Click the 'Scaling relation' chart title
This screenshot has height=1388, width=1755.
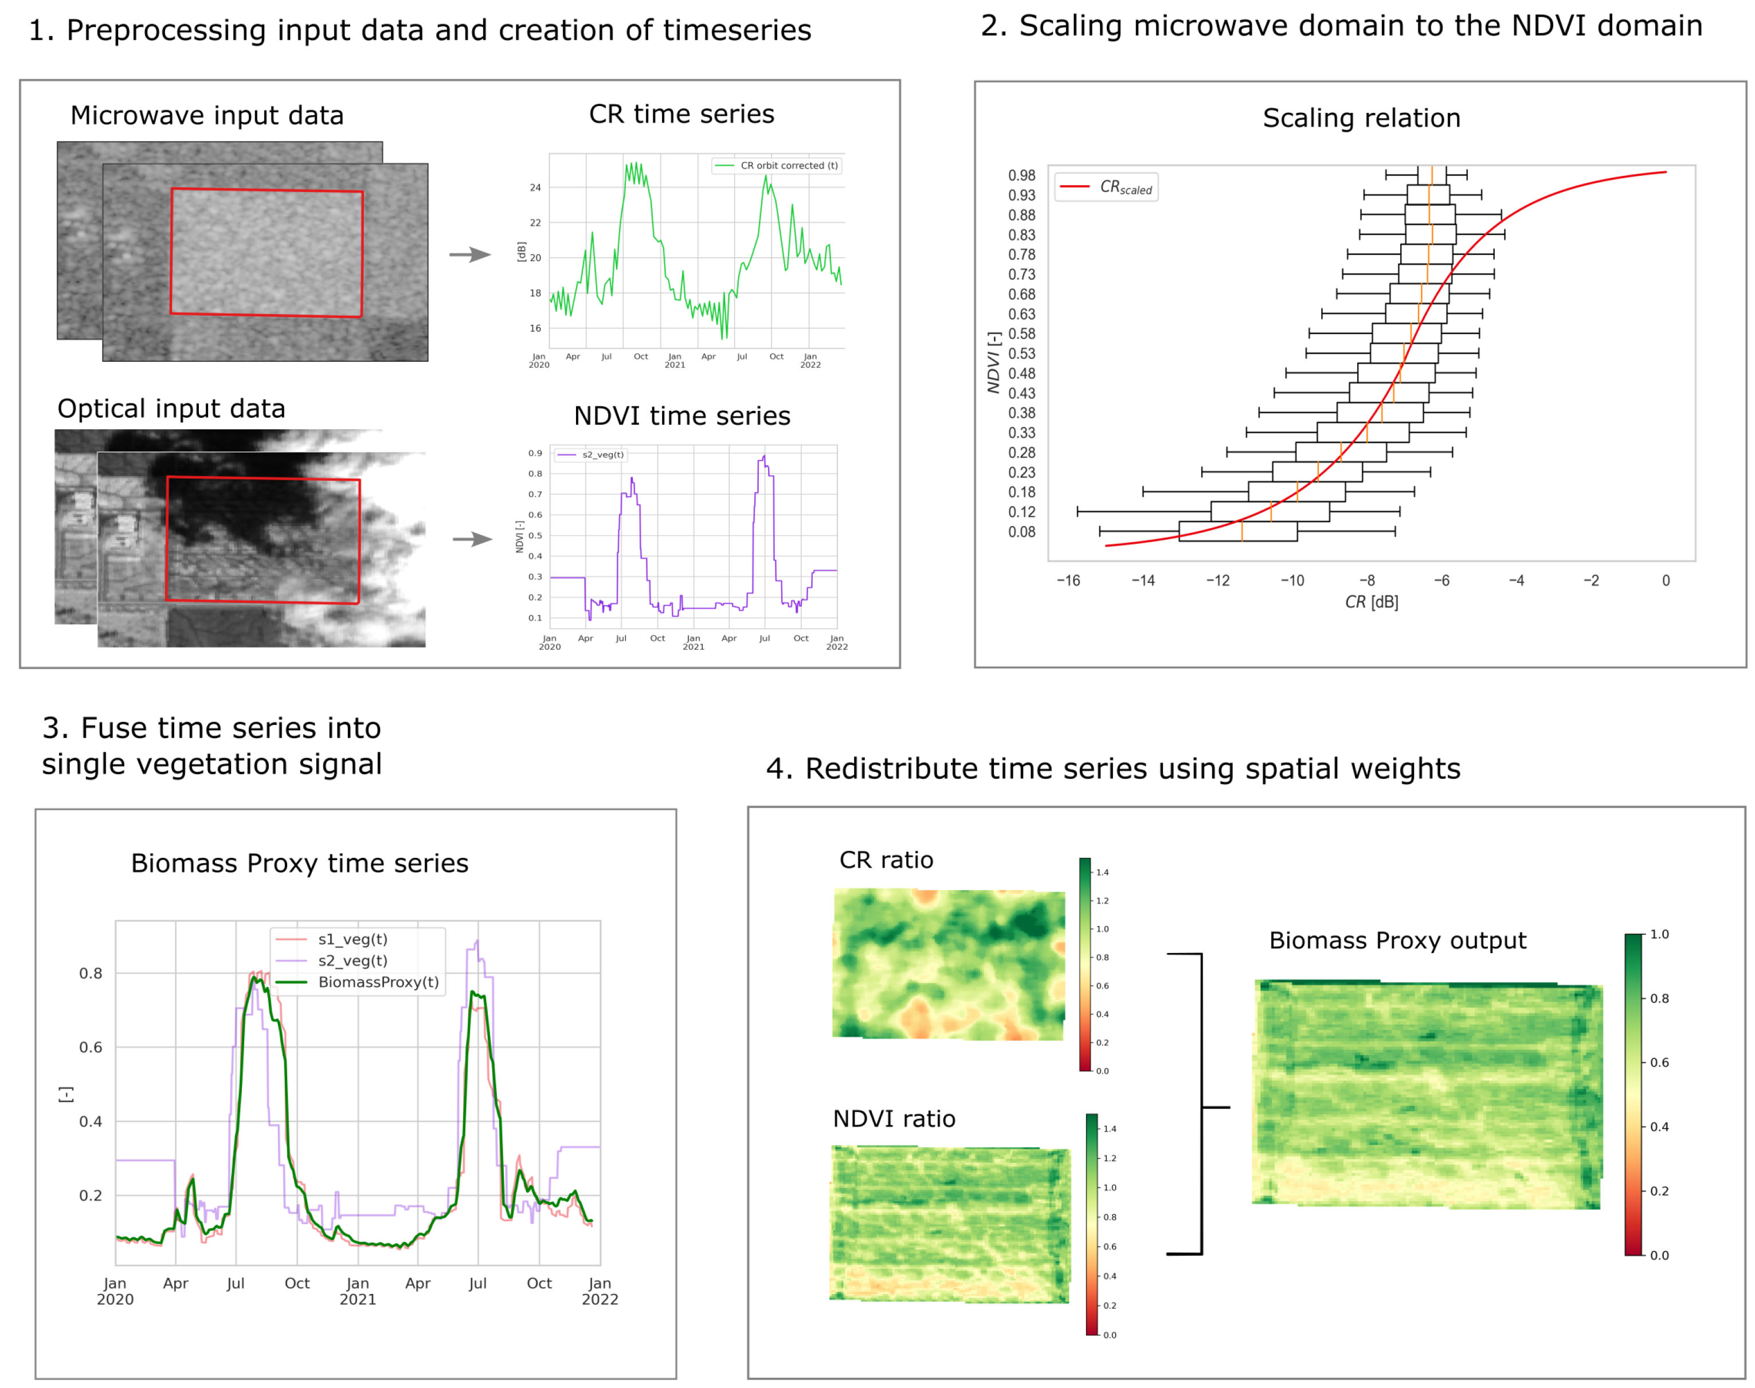(1361, 119)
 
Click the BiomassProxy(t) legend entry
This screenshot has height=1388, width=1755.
(378, 982)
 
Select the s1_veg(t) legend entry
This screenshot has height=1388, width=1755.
(352, 939)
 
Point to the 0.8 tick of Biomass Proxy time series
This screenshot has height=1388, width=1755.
(90, 974)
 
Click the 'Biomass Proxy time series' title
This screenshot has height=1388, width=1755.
(299, 863)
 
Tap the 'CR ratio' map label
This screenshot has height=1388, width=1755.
(886, 860)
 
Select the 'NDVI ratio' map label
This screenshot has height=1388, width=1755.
(894, 1119)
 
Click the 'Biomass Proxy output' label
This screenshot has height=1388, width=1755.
(1397, 940)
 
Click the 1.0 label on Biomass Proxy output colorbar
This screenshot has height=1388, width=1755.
(1659, 935)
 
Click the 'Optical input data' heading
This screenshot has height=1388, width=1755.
(171, 409)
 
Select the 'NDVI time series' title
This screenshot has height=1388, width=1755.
(681, 416)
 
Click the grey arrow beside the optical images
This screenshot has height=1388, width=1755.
(472, 539)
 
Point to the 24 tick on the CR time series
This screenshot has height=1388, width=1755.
(535, 188)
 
